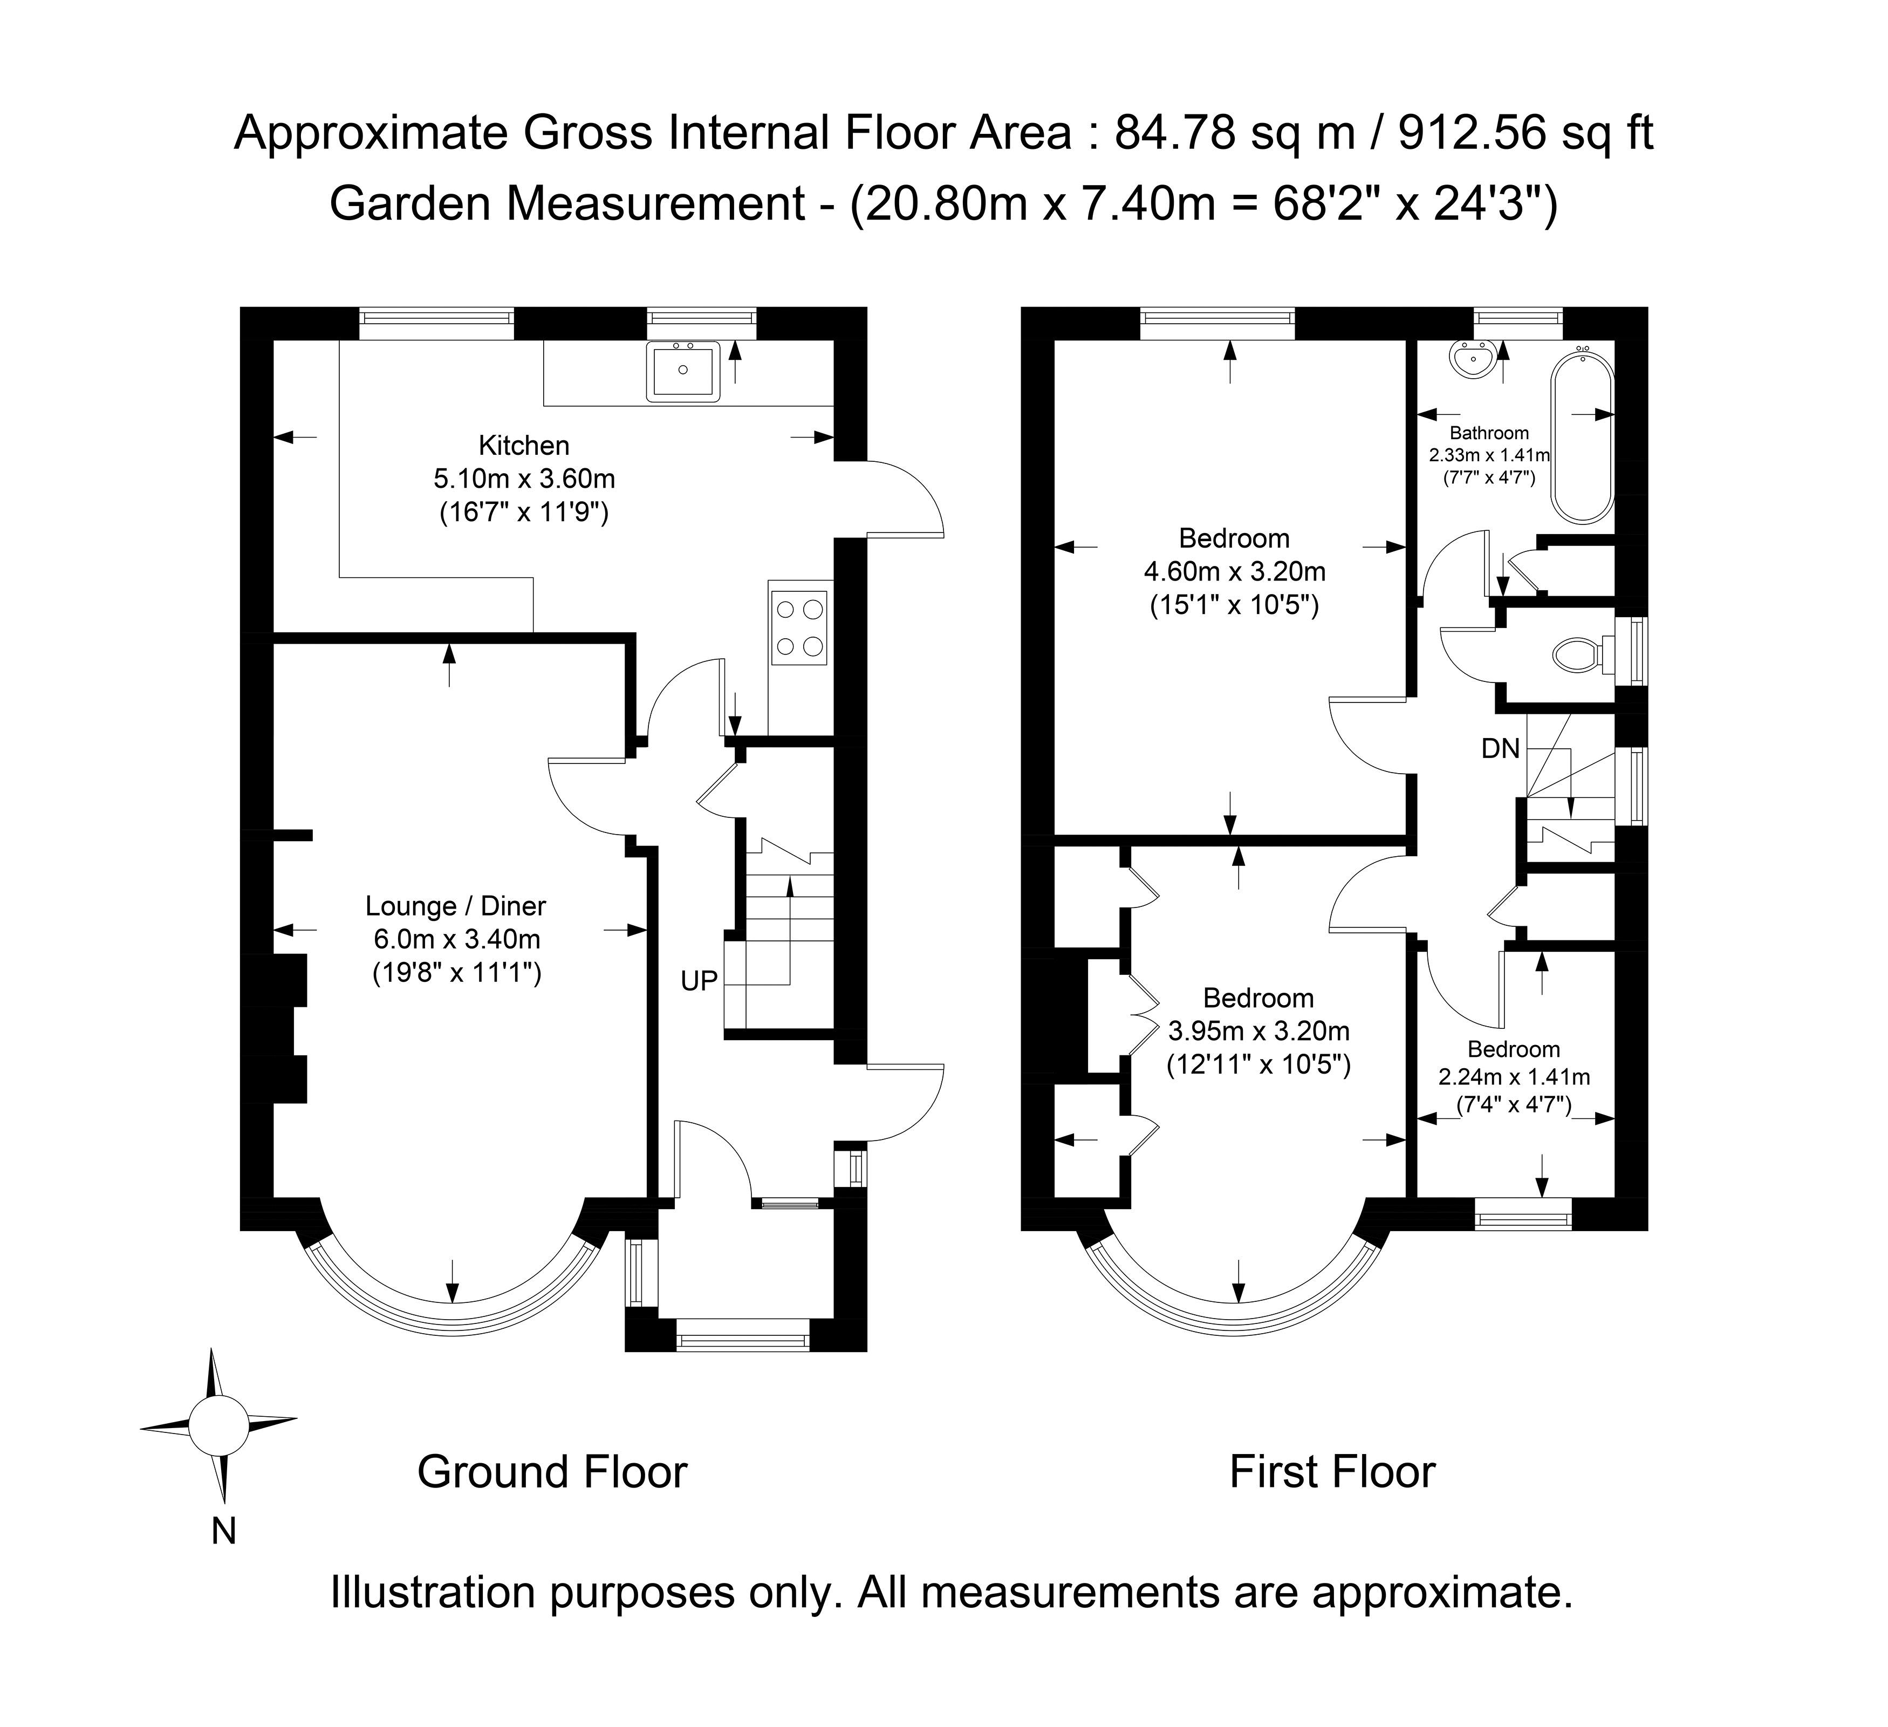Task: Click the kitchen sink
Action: point(683,372)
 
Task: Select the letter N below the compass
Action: point(223,1530)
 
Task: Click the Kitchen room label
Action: point(523,445)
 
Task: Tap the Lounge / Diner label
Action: point(455,906)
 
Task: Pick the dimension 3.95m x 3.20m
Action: point(1258,1031)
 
